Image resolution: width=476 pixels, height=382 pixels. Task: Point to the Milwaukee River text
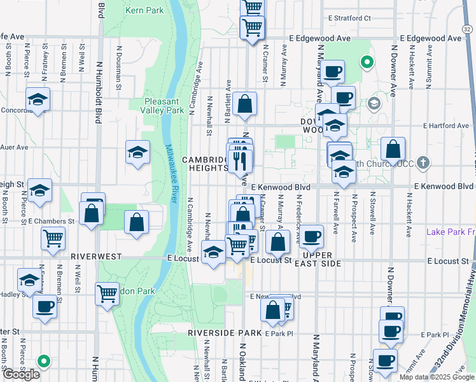click(x=171, y=173)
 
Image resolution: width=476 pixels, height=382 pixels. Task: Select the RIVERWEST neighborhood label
click(x=95, y=255)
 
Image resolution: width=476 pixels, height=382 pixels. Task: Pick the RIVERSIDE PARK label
click(x=225, y=333)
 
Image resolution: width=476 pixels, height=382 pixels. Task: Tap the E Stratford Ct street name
click(x=347, y=18)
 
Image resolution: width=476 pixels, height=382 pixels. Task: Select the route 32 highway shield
click(x=468, y=28)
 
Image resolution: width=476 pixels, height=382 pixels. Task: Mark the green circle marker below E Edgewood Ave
click(x=366, y=62)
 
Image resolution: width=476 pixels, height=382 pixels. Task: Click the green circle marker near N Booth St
click(x=43, y=362)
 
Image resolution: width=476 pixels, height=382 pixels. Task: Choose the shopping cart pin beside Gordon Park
click(x=107, y=294)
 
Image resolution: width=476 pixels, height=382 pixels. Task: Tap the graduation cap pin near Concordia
click(x=38, y=99)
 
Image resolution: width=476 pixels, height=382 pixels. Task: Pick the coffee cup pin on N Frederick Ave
click(x=311, y=236)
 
